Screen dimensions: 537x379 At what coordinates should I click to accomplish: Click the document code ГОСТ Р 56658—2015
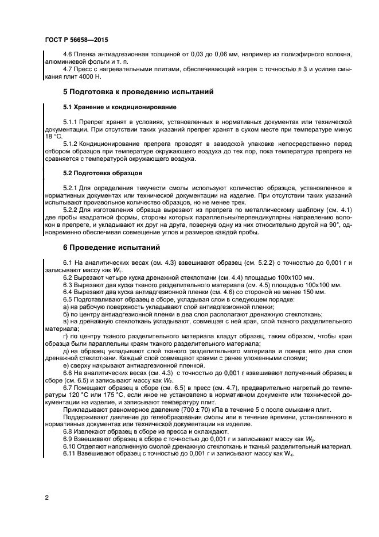click(x=76, y=40)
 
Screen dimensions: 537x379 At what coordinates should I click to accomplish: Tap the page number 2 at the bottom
click(x=46, y=497)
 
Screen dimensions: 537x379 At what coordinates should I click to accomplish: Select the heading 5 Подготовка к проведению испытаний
click(x=138, y=91)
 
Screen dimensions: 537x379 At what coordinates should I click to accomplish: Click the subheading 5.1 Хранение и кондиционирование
click(x=119, y=107)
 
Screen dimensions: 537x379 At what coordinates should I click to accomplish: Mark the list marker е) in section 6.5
click(x=66, y=365)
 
